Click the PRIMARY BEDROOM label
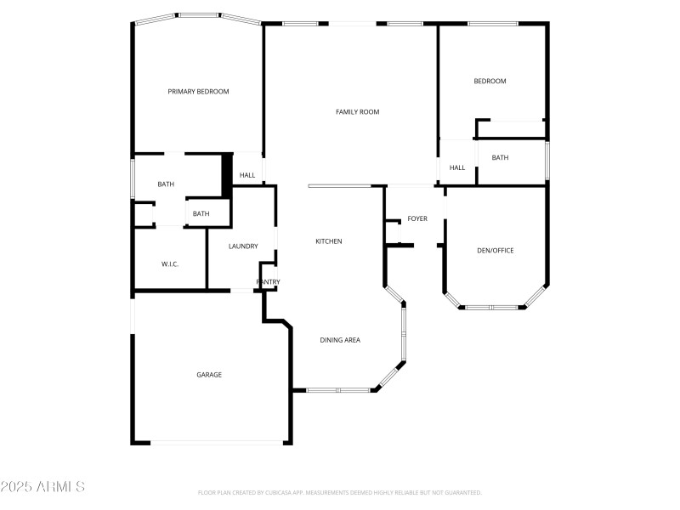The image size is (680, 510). pyautogui.click(x=198, y=92)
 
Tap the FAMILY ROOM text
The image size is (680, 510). pyautogui.click(x=357, y=111)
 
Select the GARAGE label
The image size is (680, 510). pyautogui.click(x=209, y=374)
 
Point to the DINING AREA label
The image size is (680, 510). pyautogui.click(x=340, y=340)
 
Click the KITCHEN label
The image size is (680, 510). pyautogui.click(x=329, y=241)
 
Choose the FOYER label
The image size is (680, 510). pyautogui.click(x=417, y=218)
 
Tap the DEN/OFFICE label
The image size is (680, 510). pyautogui.click(x=495, y=250)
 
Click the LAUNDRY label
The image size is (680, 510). pyautogui.click(x=243, y=246)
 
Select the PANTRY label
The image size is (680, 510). pyautogui.click(x=269, y=282)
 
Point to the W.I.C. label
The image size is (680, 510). pyautogui.click(x=169, y=264)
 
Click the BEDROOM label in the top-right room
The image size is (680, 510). pyautogui.click(x=490, y=82)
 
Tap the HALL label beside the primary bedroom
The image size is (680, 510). pyautogui.click(x=246, y=176)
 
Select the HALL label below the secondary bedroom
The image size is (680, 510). pyautogui.click(x=457, y=167)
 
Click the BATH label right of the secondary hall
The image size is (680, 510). pyautogui.click(x=500, y=157)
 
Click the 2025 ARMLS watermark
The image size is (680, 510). pyautogui.click(x=42, y=487)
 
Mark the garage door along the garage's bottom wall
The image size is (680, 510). pyautogui.click(x=218, y=442)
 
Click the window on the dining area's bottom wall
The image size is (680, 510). pyautogui.click(x=338, y=390)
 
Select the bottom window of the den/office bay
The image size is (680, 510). pyautogui.click(x=491, y=307)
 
